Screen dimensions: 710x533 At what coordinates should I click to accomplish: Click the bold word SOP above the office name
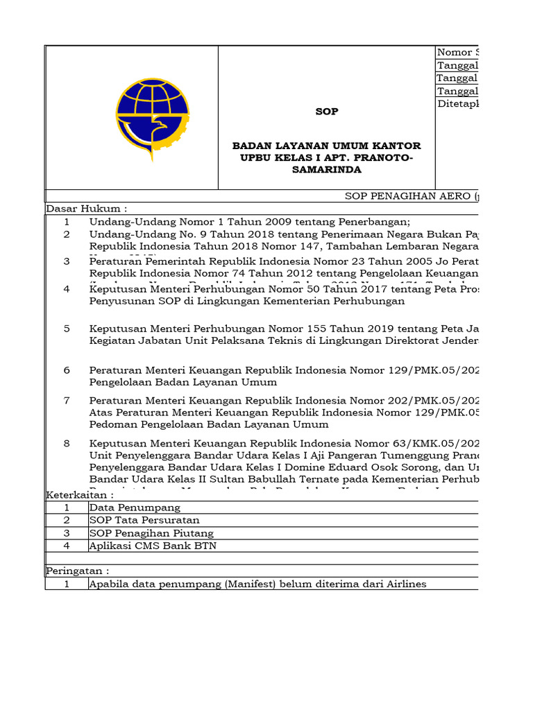click(327, 111)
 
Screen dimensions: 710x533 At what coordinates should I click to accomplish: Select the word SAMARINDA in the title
click(327, 169)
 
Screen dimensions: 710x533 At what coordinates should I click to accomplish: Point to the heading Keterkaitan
click(80, 495)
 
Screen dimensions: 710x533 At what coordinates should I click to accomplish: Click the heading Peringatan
click(78, 571)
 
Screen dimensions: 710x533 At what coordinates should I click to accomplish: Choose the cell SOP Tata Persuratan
click(144, 520)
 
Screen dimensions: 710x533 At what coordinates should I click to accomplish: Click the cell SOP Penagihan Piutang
click(151, 533)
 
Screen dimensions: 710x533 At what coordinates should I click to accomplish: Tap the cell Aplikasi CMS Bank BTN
click(153, 546)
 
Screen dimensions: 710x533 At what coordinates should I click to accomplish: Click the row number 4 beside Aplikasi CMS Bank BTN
click(67, 546)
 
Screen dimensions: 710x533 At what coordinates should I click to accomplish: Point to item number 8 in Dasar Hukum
click(67, 443)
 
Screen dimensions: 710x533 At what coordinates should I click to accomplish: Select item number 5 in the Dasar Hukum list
click(67, 328)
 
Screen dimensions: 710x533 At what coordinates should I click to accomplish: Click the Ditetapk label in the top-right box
click(458, 104)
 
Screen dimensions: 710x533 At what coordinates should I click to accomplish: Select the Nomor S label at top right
click(458, 53)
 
